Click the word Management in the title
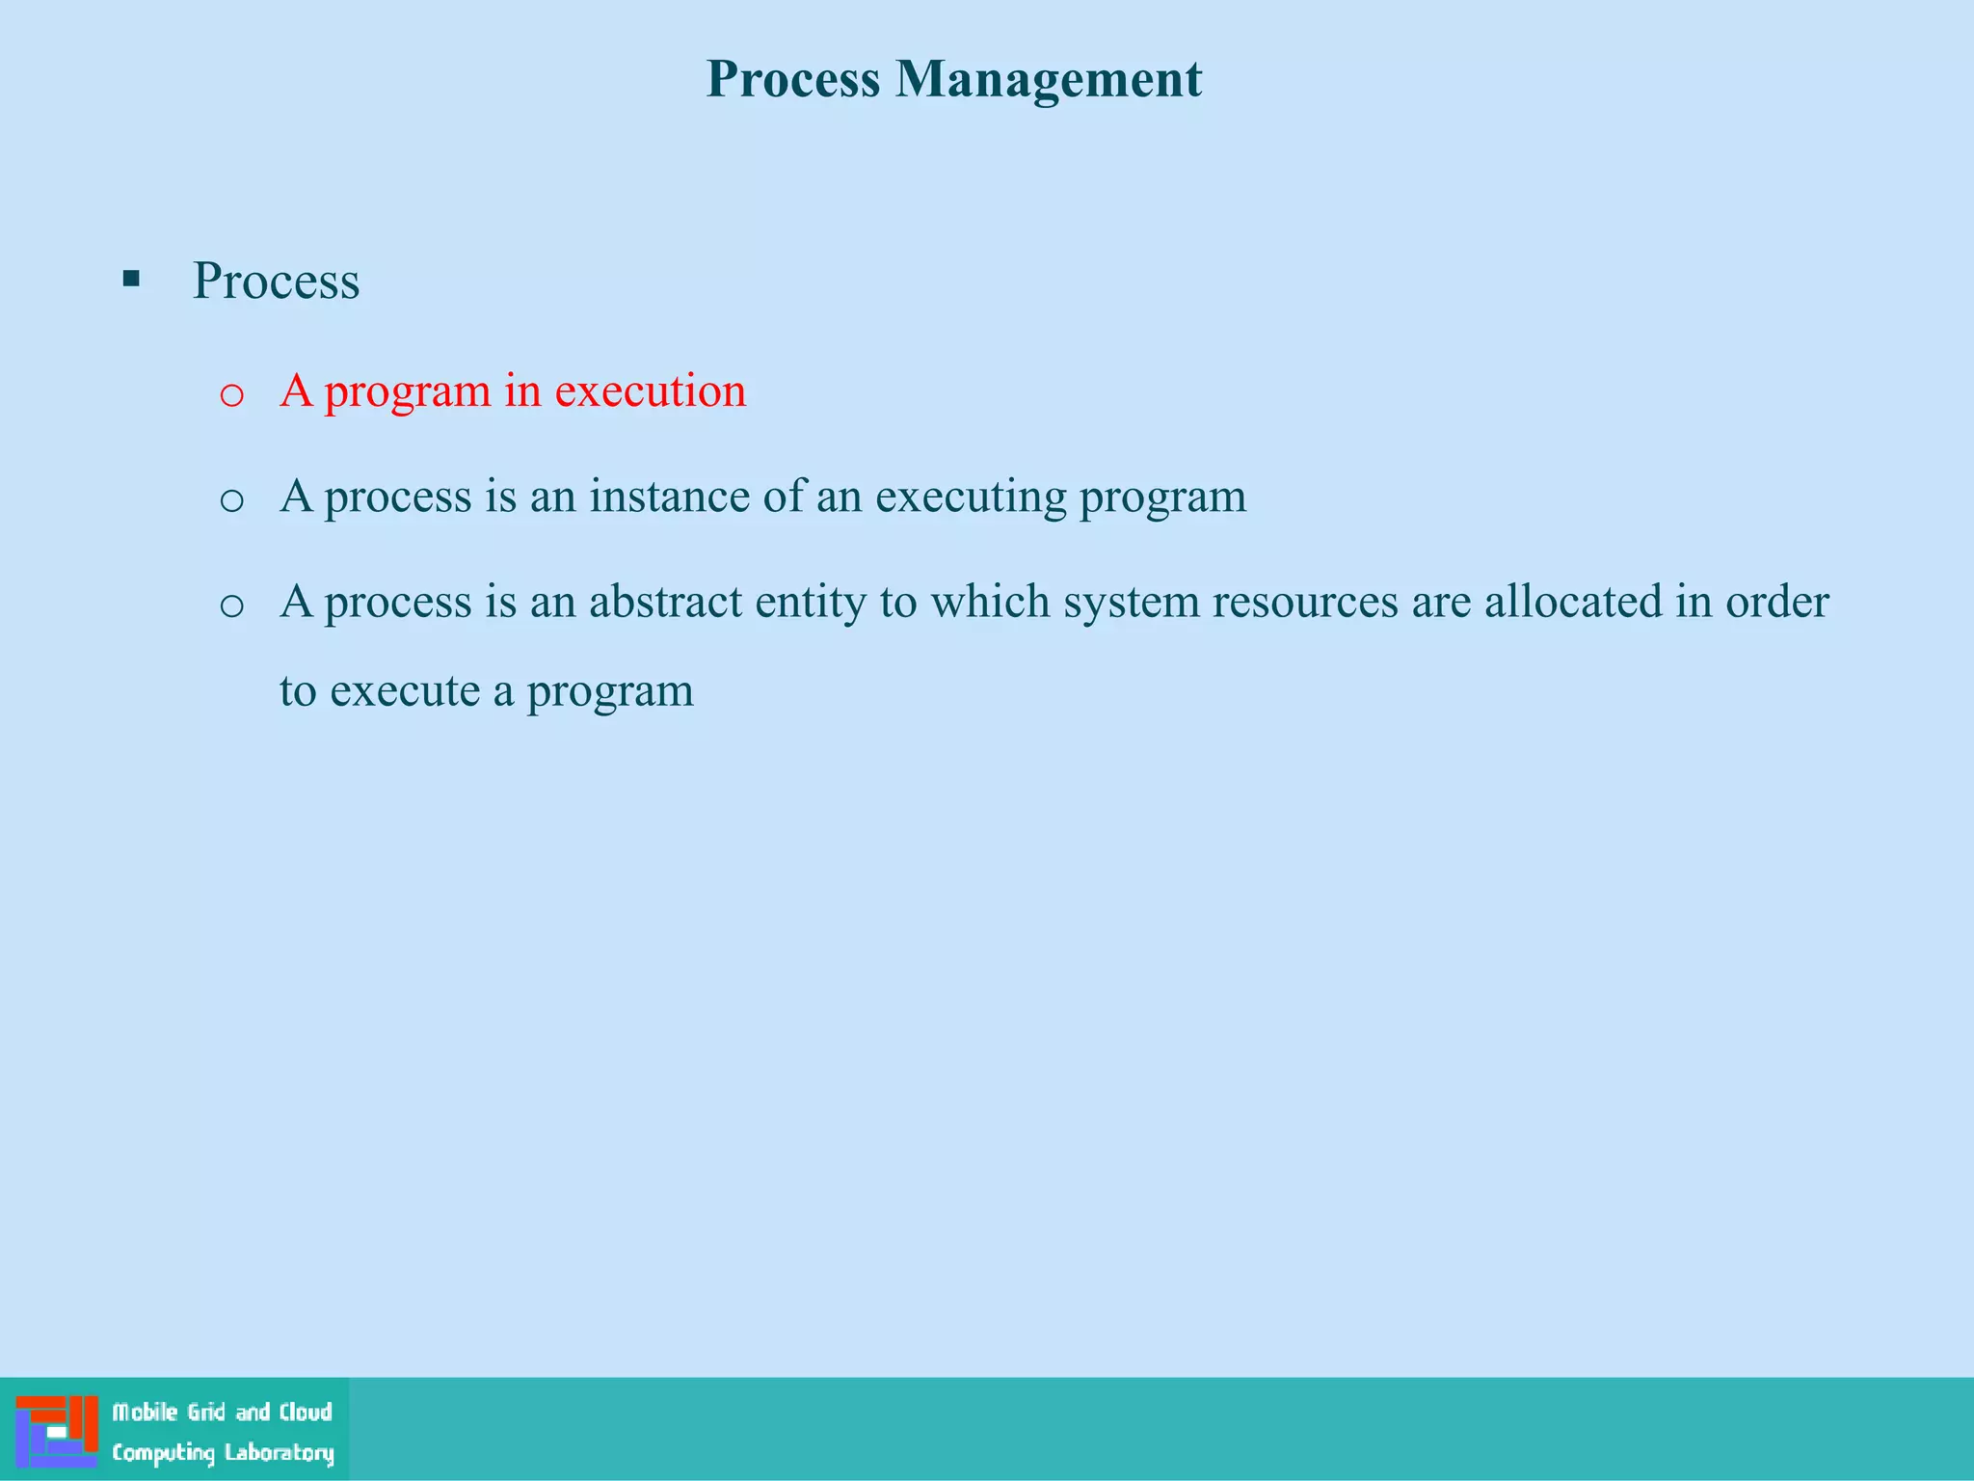[x=1049, y=79]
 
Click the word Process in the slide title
[x=792, y=79]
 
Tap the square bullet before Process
[x=132, y=281]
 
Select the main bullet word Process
[x=276, y=282]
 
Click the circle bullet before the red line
[x=231, y=395]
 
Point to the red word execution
[x=651, y=391]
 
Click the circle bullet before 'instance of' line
[x=231, y=500]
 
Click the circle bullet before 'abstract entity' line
[x=231, y=606]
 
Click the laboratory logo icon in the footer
[x=57, y=1430]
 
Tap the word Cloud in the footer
[x=306, y=1412]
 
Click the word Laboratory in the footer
[x=279, y=1453]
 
